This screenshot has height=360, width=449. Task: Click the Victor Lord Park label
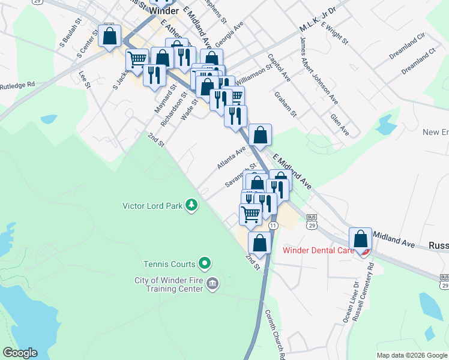152,206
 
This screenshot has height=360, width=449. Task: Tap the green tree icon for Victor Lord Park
191,205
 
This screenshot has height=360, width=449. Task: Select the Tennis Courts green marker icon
205,263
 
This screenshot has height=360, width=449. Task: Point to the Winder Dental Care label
318,250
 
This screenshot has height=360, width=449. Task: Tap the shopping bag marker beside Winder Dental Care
361,239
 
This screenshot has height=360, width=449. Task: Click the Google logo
20,353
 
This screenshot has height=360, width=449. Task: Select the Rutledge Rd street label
18,85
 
